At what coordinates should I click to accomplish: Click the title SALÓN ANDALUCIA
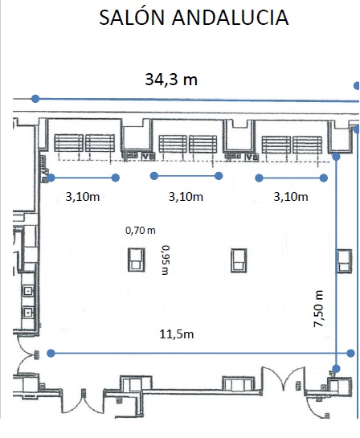(194, 17)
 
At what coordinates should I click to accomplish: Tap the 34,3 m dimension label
(171, 79)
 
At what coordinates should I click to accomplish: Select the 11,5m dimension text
(177, 334)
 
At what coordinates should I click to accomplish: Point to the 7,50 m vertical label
(318, 309)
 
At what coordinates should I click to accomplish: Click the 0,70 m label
(141, 231)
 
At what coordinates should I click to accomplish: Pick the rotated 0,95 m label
(166, 260)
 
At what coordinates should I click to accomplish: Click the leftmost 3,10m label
(83, 197)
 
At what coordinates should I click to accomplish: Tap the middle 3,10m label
(186, 197)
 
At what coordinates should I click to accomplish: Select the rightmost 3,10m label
(291, 197)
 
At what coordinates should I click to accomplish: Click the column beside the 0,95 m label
(137, 260)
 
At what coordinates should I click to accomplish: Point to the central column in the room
(239, 260)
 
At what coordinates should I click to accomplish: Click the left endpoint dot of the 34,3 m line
(35, 99)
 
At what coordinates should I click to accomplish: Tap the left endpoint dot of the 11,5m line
(51, 354)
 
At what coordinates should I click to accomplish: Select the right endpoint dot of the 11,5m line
(350, 354)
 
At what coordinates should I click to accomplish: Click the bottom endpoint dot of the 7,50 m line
(336, 369)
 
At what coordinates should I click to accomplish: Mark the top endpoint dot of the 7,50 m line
(336, 157)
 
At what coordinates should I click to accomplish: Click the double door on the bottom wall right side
(284, 379)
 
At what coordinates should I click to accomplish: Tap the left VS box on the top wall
(149, 157)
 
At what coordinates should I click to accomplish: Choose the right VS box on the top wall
(252, 158)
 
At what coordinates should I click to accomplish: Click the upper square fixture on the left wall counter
(28, 291)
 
